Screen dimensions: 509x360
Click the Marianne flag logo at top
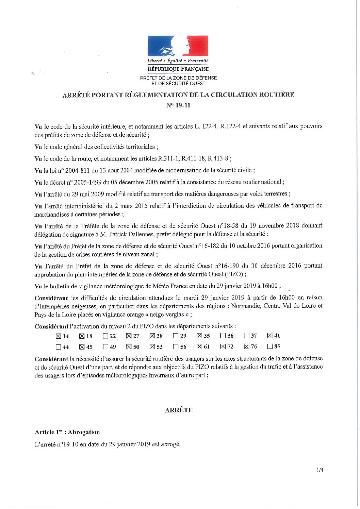click(x=178, y=46)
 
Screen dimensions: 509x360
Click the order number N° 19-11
click(x=178, y=105)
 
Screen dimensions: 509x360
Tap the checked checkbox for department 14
click(x=58, y=336)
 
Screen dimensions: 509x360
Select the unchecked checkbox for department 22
click(x=105, y=336)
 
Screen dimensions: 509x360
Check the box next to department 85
click(x=270, y=347)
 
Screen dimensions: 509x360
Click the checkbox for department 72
click(x=223, y=347)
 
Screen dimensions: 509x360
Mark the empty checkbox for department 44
click(x=58, y=347)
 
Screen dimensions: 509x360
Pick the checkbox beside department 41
click(x=270, y=336)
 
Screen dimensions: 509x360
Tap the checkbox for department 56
click(x=176, y=347)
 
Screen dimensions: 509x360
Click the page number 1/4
click(x=319, y=470)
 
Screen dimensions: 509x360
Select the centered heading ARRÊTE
click(x=179, y=410)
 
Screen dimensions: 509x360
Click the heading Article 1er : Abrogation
click(x=67, y=432)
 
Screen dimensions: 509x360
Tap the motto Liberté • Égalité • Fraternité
click(x=178, y=61)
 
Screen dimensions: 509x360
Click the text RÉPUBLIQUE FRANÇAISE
click(x=178, y=69)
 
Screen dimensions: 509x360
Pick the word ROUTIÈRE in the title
click(x=277, y=95)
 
